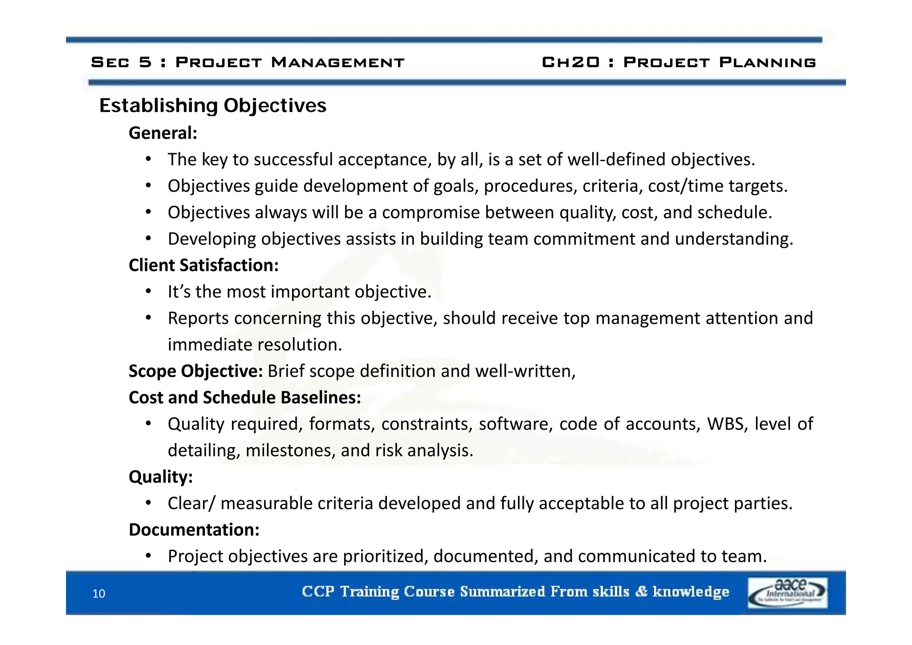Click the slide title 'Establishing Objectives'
tap(212, 106)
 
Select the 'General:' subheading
tap(163, 133)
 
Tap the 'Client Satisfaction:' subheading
tap(204, 265)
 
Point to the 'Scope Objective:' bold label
tap(195, 371)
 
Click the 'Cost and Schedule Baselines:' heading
tap(244, 397)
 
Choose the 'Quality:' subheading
tap(160, 477)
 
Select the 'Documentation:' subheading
tap(194, 530)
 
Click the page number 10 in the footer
tap(98, 594)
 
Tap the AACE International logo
tap(787, 592)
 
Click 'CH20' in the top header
tap(570, 62)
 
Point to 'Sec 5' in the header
tap(121, 62)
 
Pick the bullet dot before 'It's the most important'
tap(149, 292)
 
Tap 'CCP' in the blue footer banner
tap(318, 592)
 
